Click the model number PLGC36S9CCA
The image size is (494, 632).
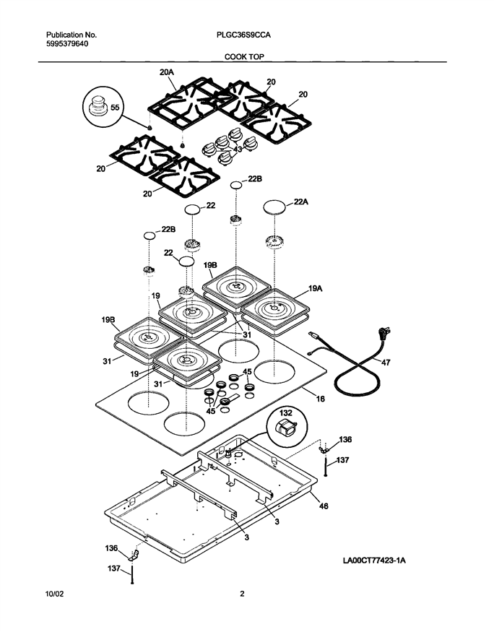pyautogui.click(x=243, y=35)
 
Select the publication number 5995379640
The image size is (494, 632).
pyautogui.click(x=67, y=43)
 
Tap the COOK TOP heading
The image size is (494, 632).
pyautogui.click(x=244, y=57)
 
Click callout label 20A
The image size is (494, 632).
pyautogui.click(x=166, y=72)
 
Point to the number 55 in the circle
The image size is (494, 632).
pyautogui.click(x=115, y=108)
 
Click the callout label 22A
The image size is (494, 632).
pyautogui.click(x=300, y=202)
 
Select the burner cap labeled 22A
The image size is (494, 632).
pyautogui.click(x=274, y=207)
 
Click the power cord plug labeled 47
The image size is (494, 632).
pyautogui.click(x=383, y=334)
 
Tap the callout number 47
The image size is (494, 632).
pyautogui.click(x=385, y=363)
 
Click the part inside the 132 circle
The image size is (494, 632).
pyautogui.click(x=285, y=428)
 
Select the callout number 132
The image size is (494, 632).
pyautogui.click(x=286, y=413)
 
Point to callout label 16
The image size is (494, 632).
pyautogui.click(x=320, y=399)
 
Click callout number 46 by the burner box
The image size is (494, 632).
pyautogui.click(x=324, y=506)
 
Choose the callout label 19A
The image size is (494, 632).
pyautogui.click(x=316, y=289)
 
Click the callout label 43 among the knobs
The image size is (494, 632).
pyautogui.click(x=238, y=149)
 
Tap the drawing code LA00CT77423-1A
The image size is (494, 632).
pyautogui.click(x=374, y=560)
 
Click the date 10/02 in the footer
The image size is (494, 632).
pyautogui.click(x=54, y=594)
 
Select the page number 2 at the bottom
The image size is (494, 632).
pyautogui.click(x=242, y=594)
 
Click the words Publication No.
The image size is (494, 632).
pyautogui.click(x=71, y=35)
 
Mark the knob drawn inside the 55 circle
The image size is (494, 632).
pyautogui.click(x=97, y=105)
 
